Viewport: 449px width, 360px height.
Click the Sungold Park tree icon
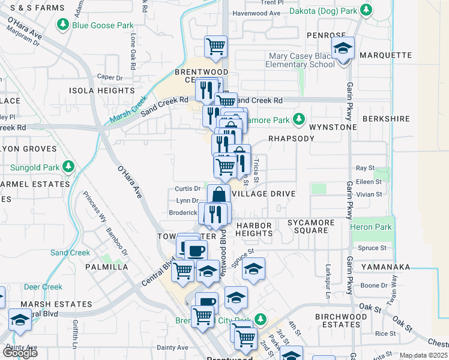coord(68,165)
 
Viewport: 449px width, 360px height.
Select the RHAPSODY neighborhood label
coord(291,138)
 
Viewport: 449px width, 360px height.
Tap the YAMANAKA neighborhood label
coord(385,267)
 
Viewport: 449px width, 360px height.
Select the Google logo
coord(20,352)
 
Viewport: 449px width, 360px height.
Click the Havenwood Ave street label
coord(256,13)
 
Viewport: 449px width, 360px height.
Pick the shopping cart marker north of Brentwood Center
coord(215,47)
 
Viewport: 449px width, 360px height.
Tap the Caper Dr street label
coord(110,77)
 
